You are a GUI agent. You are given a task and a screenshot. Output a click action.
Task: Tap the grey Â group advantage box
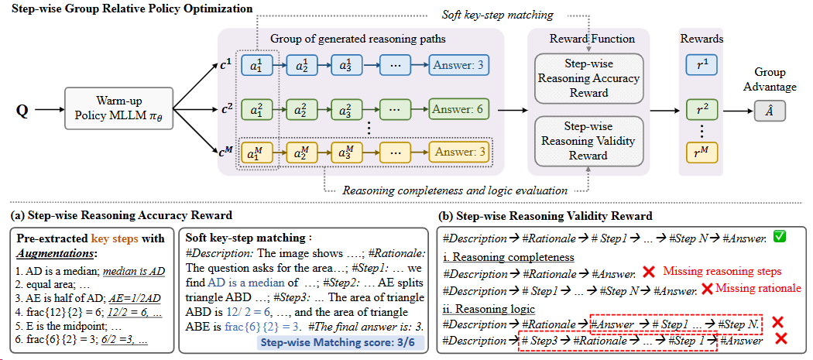769,111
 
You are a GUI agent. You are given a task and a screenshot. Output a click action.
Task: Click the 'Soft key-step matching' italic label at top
485,14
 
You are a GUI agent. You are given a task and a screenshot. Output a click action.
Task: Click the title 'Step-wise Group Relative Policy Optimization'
127,9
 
